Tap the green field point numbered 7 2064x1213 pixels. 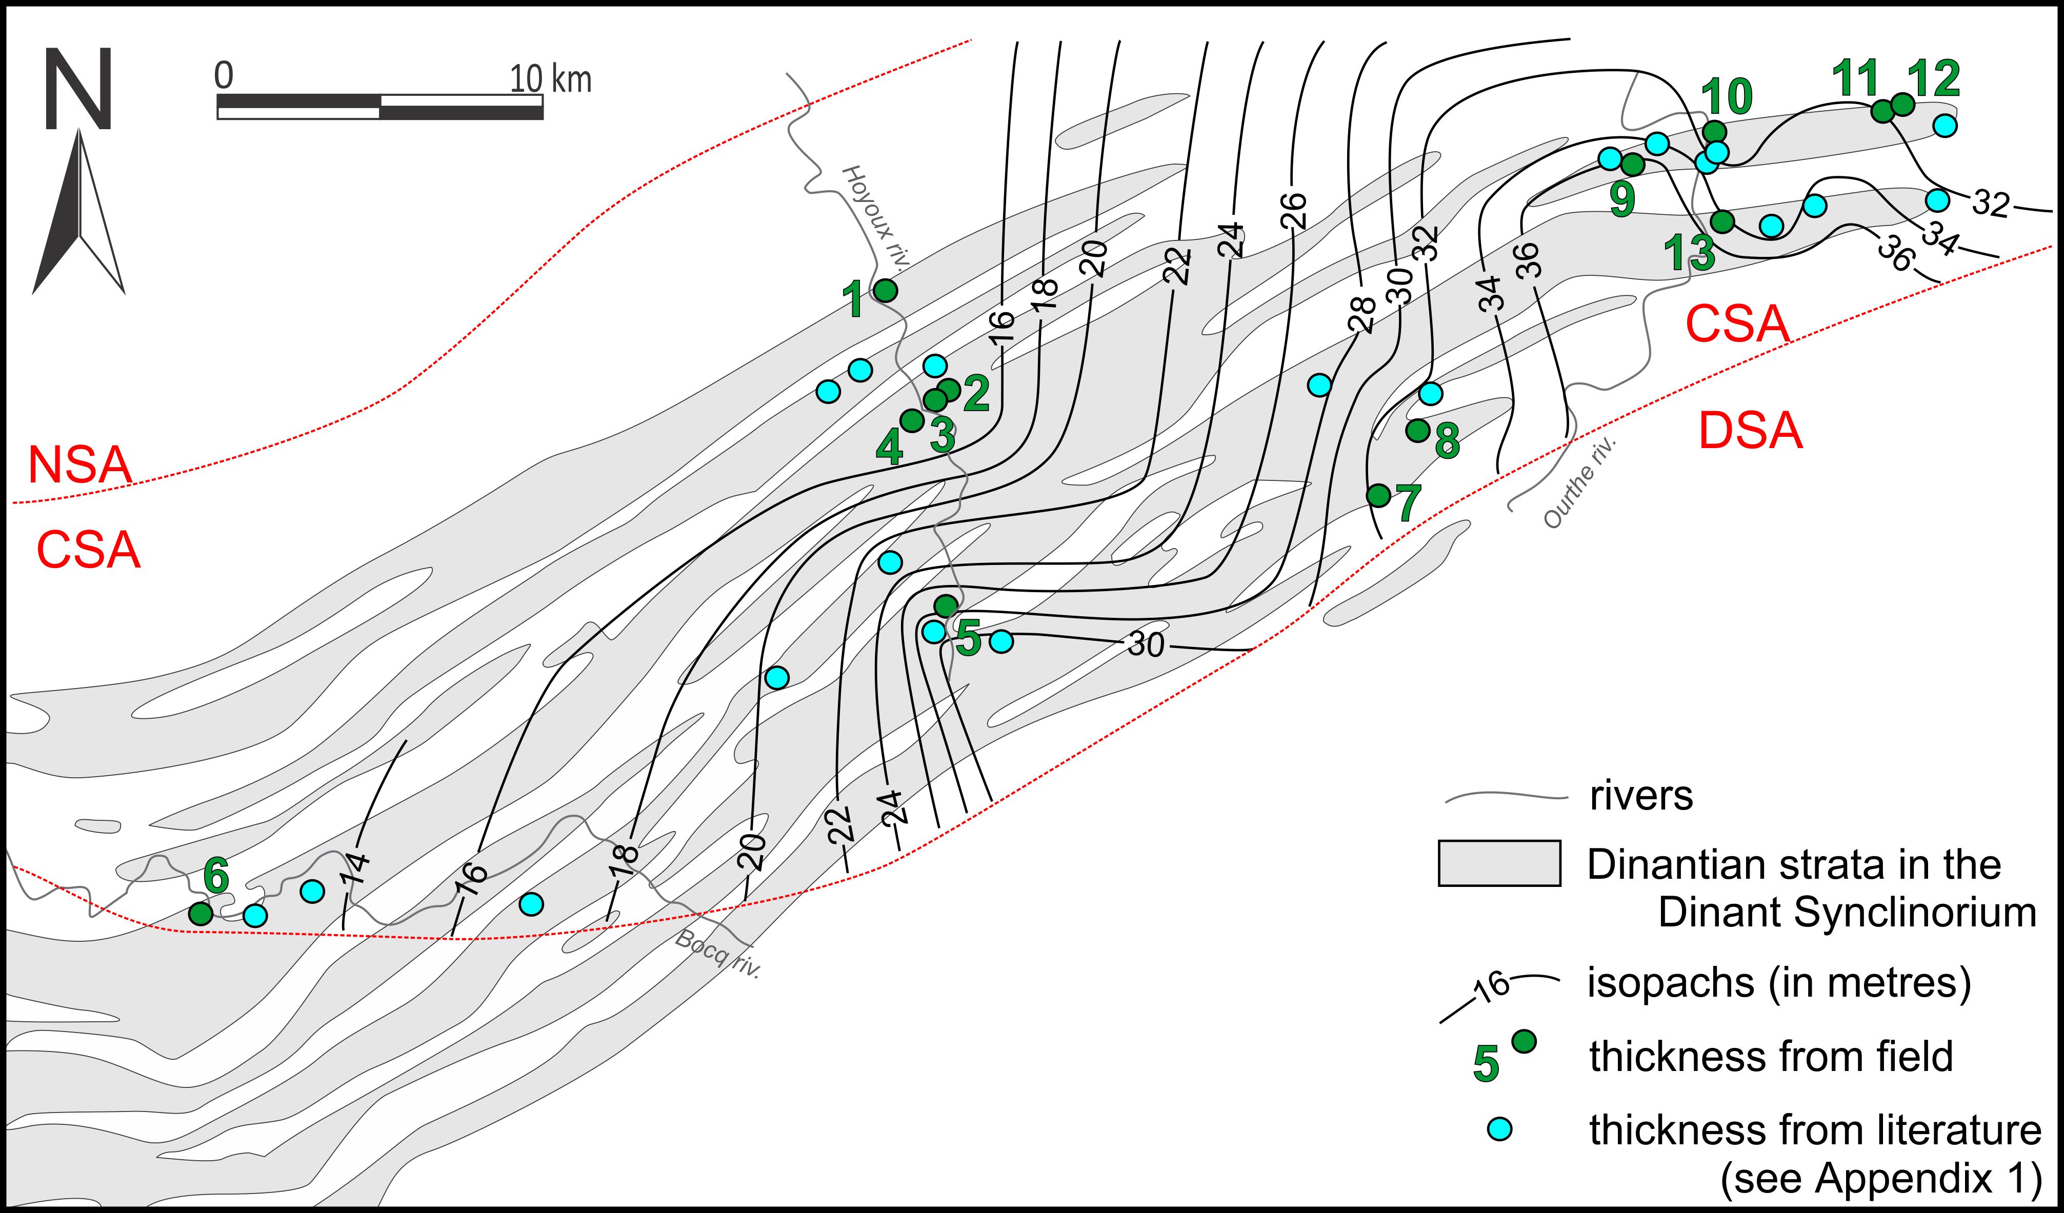(1378, 495)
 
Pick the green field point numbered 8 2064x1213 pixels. (1418, 430)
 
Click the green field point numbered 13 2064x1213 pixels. (1722, 221)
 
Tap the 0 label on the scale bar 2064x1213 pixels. (224, 75)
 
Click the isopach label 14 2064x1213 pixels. (355, 870)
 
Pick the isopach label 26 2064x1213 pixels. (1292, 211)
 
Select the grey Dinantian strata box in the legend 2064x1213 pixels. (1499, 863)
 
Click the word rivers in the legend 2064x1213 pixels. (1640, 796)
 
